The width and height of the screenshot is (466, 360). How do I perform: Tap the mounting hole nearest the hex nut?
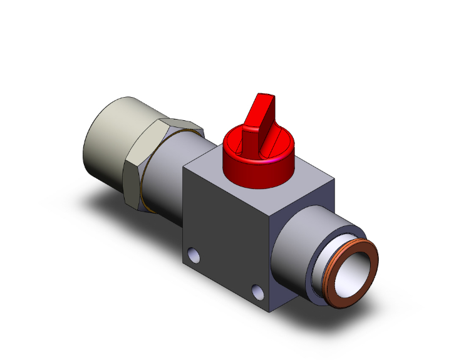coord(194,255)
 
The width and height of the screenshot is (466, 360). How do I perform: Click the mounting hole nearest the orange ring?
coord(257,291)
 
